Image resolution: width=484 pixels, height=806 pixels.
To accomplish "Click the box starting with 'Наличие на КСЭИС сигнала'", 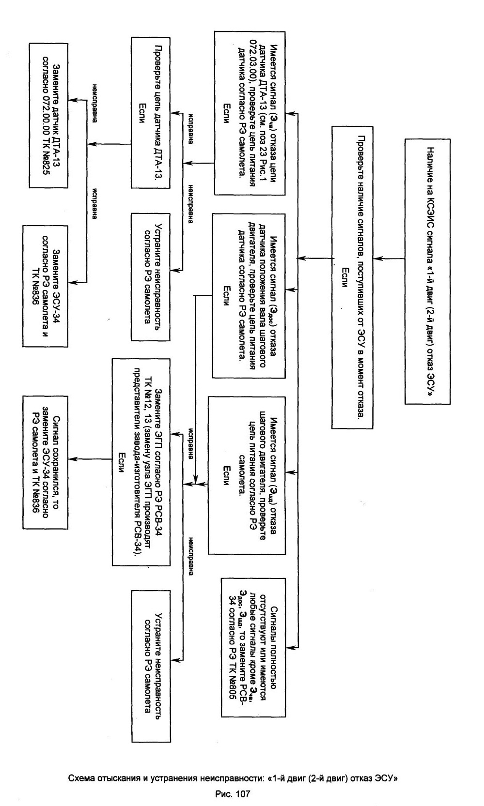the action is tap(427, 272).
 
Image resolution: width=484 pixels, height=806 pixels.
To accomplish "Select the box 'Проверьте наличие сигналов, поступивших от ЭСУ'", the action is tap(352, 277).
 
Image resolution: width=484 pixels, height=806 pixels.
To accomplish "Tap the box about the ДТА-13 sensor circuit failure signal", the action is tap(250, 113).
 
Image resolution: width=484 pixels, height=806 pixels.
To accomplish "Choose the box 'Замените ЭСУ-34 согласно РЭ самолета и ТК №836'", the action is tap(45, 286).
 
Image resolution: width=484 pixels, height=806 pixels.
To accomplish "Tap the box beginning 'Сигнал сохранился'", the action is tap(45, 462).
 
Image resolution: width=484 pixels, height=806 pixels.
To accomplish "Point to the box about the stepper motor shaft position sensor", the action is tap(249, 296).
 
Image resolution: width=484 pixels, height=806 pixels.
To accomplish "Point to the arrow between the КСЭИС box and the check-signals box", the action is tap(389, 258).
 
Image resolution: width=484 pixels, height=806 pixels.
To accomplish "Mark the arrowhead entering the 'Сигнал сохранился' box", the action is tap(71, 459).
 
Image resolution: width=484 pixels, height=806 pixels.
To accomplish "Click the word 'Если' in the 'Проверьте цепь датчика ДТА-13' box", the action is tap(141, 114).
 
